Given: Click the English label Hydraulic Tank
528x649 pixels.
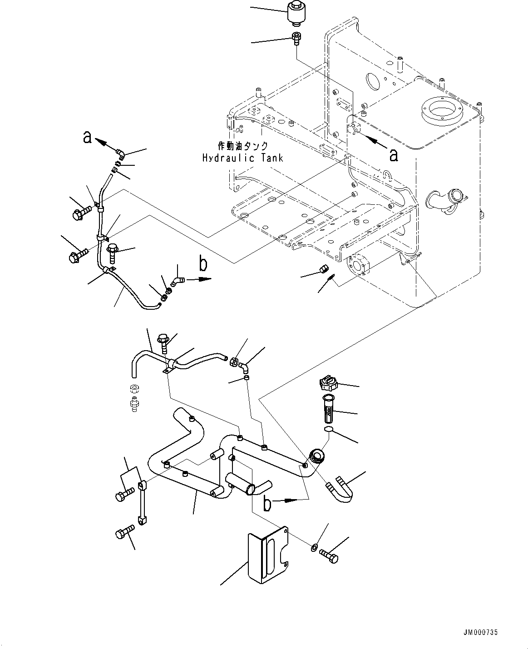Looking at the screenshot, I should point(242,158).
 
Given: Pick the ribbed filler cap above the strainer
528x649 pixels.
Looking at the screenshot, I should point(329,384).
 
